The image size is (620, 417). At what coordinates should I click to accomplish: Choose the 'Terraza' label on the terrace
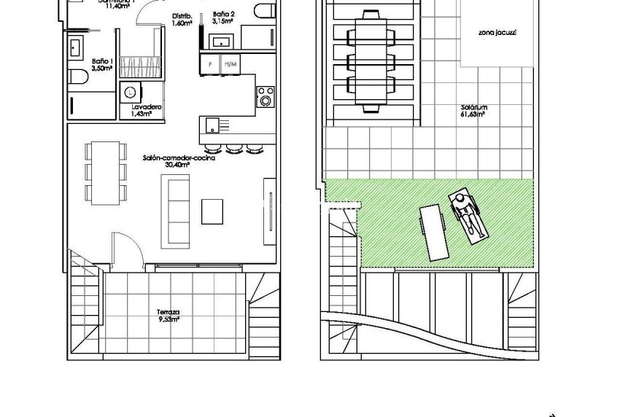pos(168,314)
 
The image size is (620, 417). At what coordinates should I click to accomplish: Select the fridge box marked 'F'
pos(211,64)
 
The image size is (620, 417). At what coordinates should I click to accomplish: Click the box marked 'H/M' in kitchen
pos(230,64)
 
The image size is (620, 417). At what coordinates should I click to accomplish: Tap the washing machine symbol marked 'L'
pos(130,93)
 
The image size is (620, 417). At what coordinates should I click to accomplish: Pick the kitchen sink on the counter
pos(212,123)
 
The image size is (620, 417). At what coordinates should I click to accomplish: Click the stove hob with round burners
pos(266,96)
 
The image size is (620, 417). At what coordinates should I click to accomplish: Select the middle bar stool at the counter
pos(234,149)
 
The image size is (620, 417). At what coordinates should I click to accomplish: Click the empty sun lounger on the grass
pos(433,231)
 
